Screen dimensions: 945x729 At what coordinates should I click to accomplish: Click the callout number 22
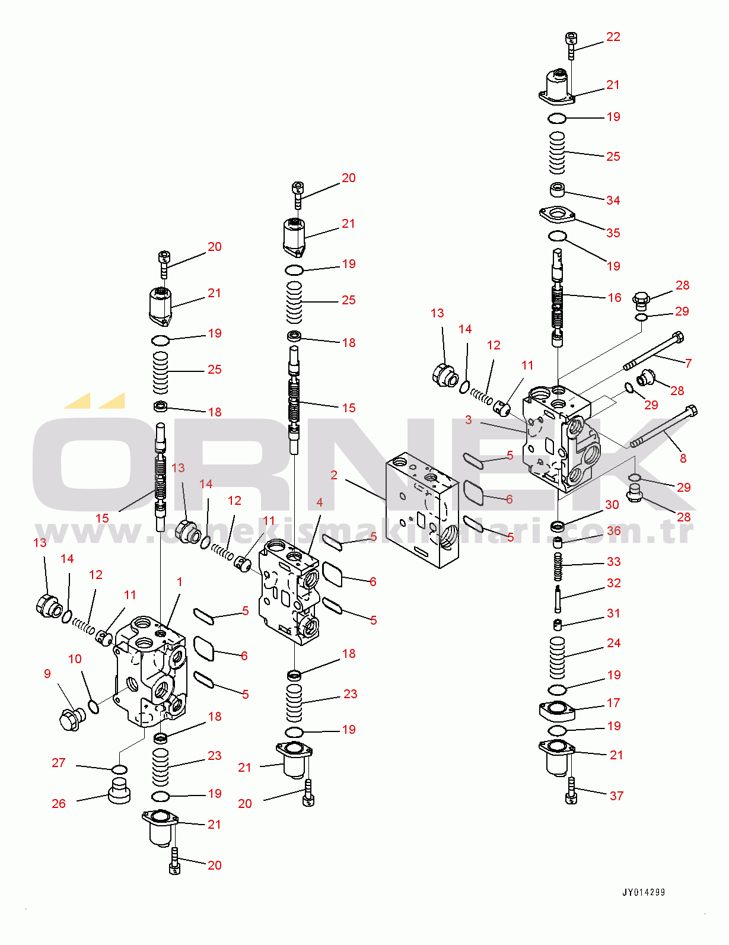[x=613, y=37]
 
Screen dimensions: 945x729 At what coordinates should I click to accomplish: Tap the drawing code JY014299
[x=644, y=892]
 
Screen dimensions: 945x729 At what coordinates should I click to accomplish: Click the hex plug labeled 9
[x=72, y=720]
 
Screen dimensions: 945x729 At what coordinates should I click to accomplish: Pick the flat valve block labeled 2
[x=422, y=510]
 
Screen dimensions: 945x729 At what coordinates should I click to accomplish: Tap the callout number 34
[x=613, y=201]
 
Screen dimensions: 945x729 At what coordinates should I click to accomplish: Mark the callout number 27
[x=58, y=763]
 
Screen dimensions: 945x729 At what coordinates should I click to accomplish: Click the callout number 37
[x=616, y=796]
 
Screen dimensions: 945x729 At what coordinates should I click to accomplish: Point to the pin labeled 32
[x=558, y=598]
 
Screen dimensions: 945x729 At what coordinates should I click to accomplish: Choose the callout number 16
[x=615, y=298]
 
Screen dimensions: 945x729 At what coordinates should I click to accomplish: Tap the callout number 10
[x=75, y=659]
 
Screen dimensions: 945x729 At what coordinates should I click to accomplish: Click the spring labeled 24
[x=557, y=658]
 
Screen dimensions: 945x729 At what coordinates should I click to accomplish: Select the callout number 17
[x=613, y=703]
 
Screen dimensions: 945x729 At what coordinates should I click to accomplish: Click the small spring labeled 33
[x=558, y=567]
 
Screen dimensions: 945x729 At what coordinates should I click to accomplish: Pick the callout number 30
[x=612, y=505]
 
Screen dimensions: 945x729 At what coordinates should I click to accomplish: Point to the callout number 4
[x=319, y=502]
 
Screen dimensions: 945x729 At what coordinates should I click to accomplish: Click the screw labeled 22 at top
[x=571, y=45]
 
